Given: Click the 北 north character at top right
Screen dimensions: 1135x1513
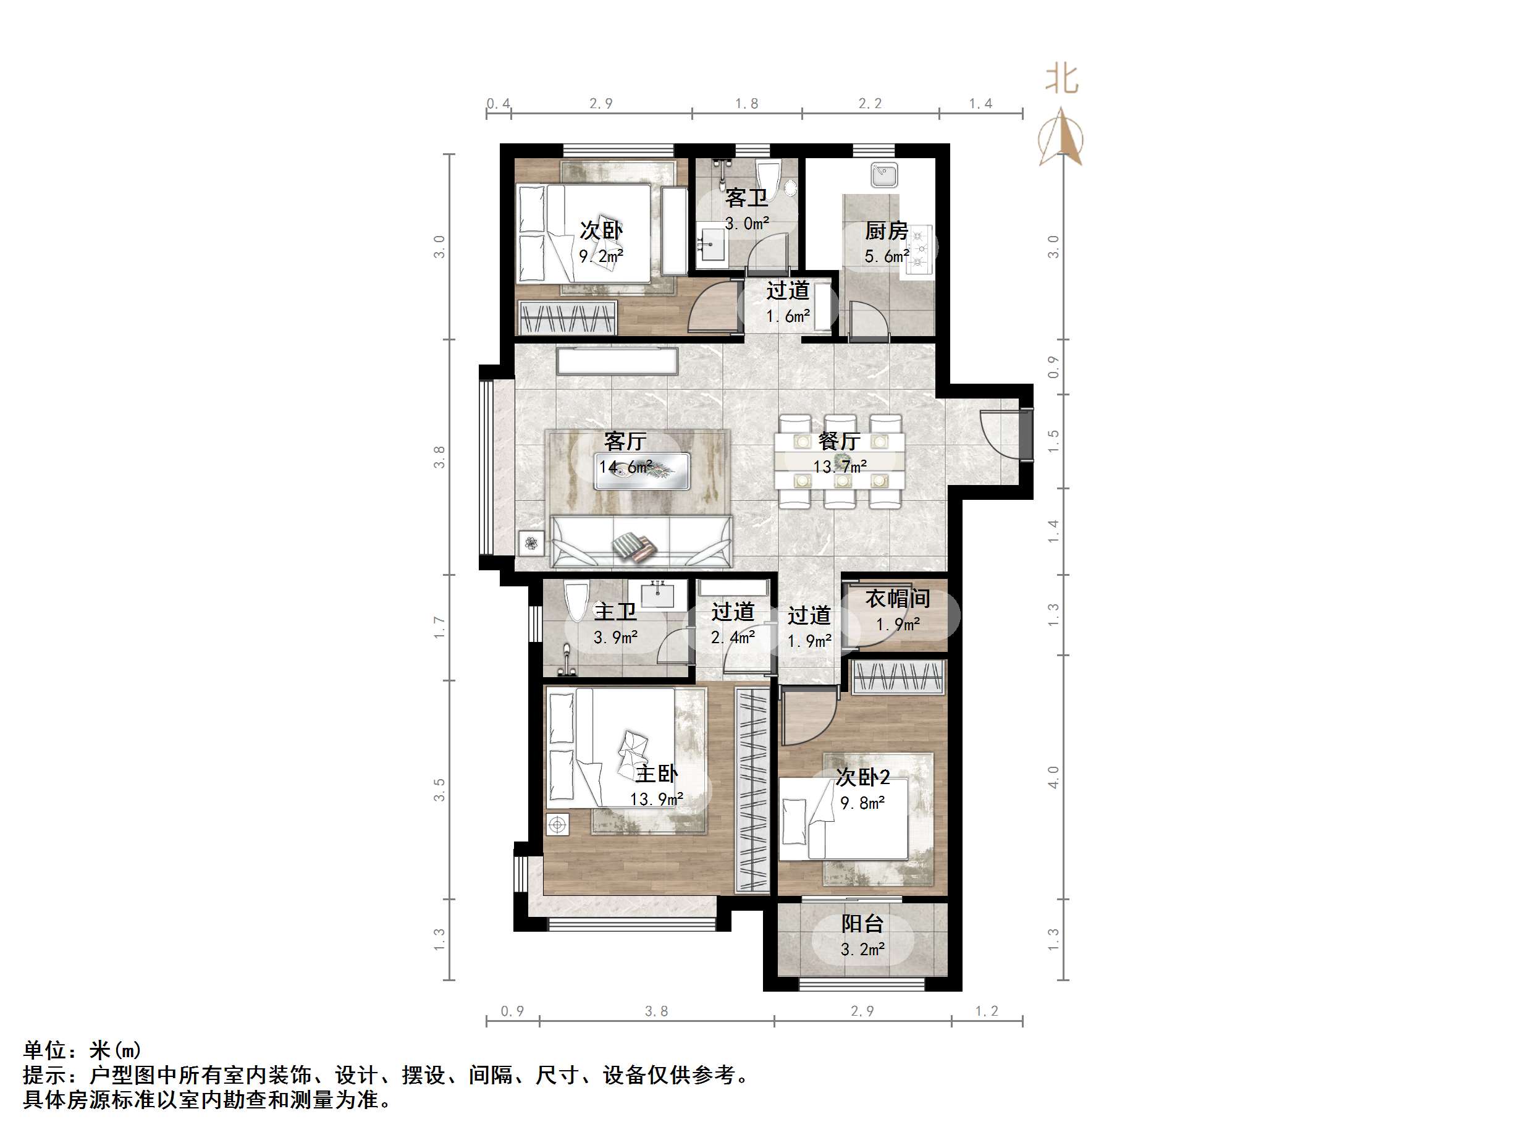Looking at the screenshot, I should click(1061, 79).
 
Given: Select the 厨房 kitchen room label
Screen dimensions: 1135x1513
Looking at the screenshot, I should click(887, 230).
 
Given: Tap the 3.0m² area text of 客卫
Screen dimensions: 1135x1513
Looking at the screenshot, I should click(747, 223).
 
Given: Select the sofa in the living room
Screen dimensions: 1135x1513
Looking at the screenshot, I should click(641, 541).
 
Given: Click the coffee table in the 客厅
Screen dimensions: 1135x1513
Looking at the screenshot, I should click(641, 470).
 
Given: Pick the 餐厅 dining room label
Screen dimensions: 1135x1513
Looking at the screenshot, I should click(839, 441).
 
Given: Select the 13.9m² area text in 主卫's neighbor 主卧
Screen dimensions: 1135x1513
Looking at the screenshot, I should click(656, 799).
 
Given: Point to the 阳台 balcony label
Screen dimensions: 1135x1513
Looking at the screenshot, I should click(862, 924).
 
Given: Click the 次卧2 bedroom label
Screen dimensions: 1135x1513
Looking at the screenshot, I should click(862, 777).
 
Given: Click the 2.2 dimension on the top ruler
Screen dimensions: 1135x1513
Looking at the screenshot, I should click(870, 103).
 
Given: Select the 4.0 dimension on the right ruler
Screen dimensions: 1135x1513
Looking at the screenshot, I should click(1053, 777).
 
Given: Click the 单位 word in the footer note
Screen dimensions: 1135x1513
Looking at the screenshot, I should click(45, 1050).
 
